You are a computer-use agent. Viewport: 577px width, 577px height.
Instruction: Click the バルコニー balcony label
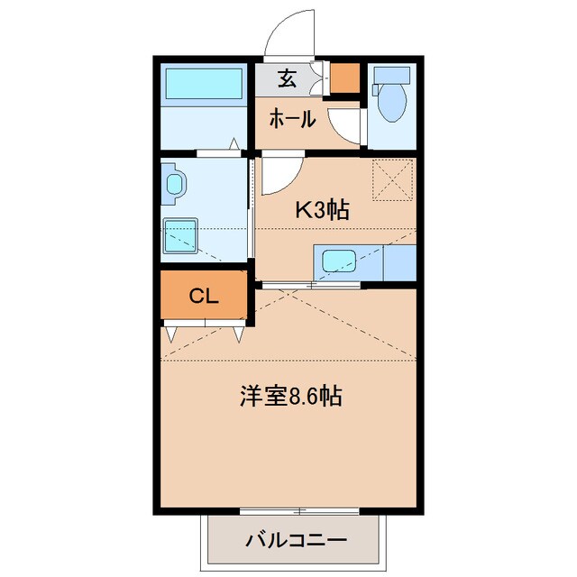[x=296, y=542]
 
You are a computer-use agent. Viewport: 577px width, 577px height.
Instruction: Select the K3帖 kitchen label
[x=324, y=210]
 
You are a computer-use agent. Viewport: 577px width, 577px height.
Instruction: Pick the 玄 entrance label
[x=287, y=78]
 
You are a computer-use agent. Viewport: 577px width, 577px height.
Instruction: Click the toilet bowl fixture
[x=393, y=105]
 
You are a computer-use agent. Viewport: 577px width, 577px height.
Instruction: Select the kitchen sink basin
[x=340, y=262]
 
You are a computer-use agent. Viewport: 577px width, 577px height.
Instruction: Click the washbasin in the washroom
[x=174, y=185]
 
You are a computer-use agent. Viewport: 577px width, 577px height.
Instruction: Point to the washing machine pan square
[x=183, y=237]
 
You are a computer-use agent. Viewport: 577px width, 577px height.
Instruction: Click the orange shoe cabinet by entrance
[x=343, y=79]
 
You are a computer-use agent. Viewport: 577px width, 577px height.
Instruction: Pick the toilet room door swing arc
[x=344, y=126]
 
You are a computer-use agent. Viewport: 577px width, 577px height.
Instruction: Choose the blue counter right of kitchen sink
[x=397, y=262]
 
